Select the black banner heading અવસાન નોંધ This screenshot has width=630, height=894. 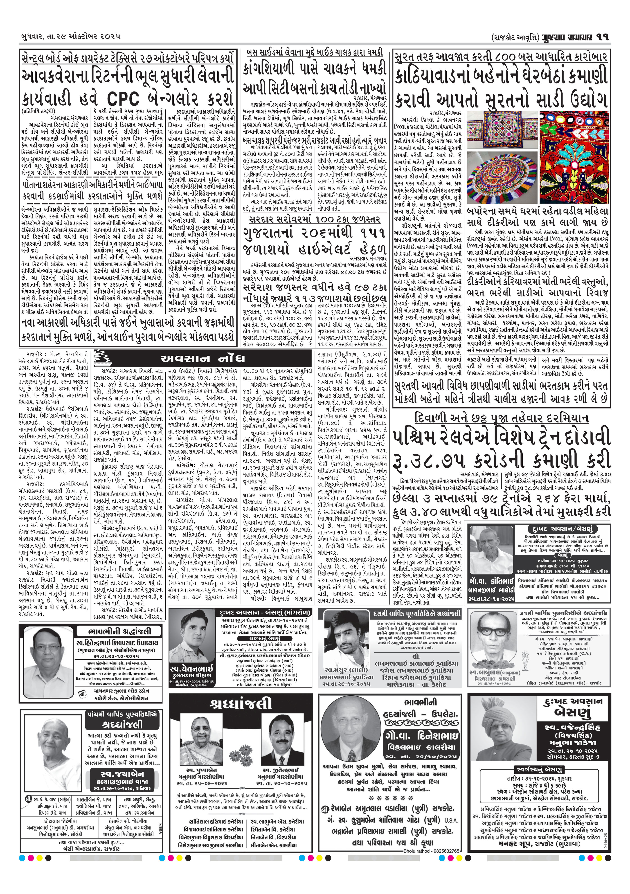coord(202,358)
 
